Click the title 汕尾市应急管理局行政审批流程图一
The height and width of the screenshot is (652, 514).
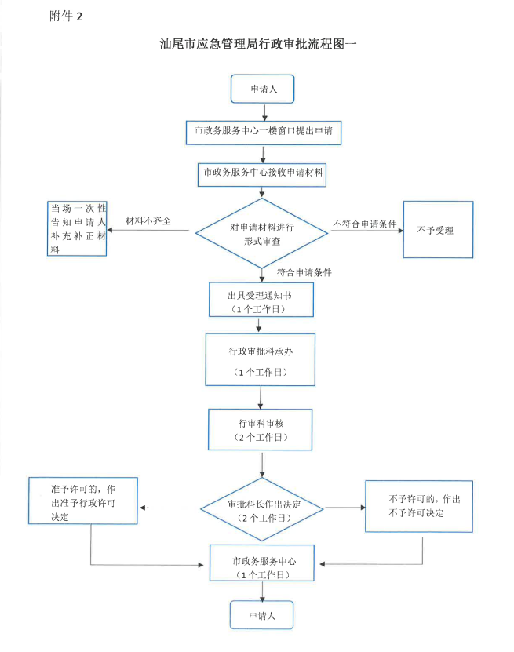[257, 45]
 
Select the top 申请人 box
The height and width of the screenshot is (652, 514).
[261, 89]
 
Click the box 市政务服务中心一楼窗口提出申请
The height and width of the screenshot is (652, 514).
[263, 132]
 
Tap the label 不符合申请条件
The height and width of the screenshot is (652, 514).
[365, 224]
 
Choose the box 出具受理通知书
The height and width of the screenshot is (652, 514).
[261, 299]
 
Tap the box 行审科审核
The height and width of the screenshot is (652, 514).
[262, 428]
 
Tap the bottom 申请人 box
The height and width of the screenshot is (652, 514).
[261, 614]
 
